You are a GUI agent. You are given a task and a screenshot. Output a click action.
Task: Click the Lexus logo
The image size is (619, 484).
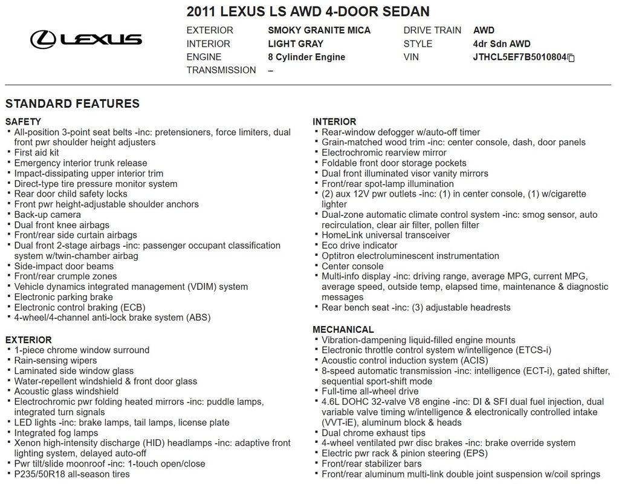coord(86,39)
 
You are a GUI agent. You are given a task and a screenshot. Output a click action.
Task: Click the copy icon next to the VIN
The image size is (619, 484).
coord(571,58)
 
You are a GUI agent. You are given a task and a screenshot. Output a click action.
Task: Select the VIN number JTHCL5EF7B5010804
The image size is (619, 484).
coord(519,57)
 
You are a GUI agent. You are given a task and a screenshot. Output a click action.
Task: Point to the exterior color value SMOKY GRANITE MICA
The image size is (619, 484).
coord(319,30)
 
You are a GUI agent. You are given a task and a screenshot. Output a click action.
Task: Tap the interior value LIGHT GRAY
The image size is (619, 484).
coord(296,44)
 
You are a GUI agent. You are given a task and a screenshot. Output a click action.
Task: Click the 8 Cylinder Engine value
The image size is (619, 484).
coord(306,57)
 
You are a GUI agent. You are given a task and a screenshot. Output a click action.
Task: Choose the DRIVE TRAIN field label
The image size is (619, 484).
coord(432,30)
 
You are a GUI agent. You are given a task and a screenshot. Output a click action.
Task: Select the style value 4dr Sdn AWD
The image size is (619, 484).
coord(502,44)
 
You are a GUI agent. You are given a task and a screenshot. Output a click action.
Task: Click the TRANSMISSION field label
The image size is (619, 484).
coord(221,70)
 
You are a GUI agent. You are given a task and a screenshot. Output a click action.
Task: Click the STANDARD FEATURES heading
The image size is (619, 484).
coord(73,103)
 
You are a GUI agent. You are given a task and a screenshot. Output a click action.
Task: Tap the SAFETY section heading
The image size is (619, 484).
coord(23,122)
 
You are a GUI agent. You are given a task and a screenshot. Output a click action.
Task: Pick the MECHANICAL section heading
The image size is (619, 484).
coord(343,330)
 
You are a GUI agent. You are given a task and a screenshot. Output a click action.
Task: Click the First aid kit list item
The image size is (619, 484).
coord(37,152)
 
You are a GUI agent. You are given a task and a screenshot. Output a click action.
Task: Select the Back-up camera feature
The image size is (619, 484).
coord(48,215)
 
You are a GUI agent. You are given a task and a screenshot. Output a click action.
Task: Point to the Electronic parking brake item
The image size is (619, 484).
coord(63,297)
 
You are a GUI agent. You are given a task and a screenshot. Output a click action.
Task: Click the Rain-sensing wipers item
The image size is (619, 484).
coord(56,361)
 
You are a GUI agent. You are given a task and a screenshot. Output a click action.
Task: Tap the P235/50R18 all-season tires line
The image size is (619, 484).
coord(72,474)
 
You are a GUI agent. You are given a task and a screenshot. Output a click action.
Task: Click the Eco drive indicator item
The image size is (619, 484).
coord(360,246)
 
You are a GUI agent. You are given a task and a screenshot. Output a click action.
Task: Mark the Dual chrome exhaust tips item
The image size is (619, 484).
coord(374,433)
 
